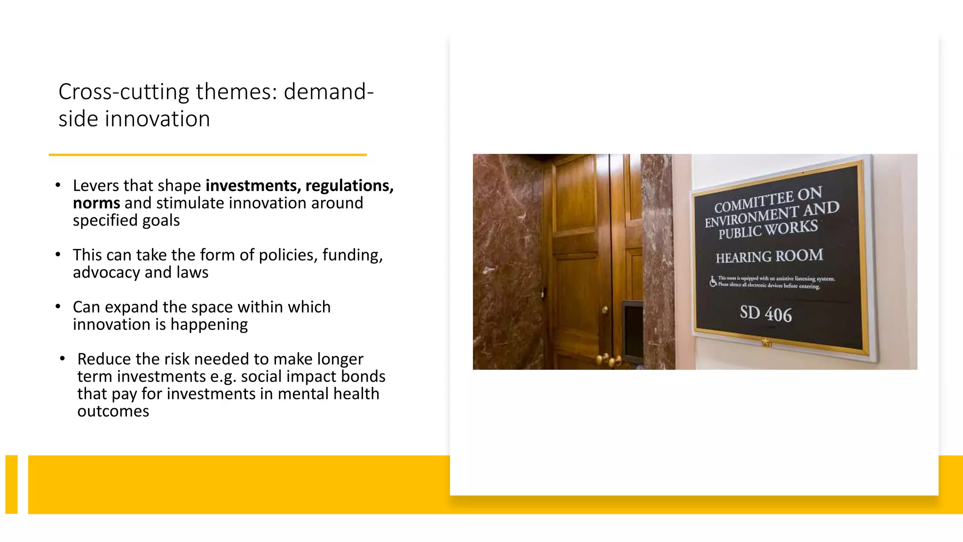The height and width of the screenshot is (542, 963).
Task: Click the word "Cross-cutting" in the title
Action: pyautogui.click(x=124, y=92)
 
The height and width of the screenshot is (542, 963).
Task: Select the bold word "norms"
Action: pyautogui.click(x=96, y=203)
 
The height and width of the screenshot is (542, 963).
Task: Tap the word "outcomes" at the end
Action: pyautogui.click(x=113, y=411)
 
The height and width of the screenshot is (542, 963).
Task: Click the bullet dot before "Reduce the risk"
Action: pyautogui.click(x=62, y=359)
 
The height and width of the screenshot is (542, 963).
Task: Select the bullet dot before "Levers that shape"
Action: pyautogui.click(x=58, y=185)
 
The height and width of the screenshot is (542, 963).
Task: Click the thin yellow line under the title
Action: pyautogui.click(x=207, y=154)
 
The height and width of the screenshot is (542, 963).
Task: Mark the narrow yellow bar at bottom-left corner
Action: pyautogui.click(x=11, y=484)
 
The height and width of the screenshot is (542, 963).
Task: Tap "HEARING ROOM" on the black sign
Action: pyautogui.click(x=769, y=256)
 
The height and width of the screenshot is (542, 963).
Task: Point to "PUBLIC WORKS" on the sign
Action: pyautogui.click(x=768, y=230)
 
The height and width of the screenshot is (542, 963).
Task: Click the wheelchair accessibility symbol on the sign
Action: pyautogui.click(x=713, y=281)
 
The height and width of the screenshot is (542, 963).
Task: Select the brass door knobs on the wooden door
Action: pyautogui.click(x=609, y=360)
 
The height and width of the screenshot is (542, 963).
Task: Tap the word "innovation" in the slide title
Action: pyautogui.click(x=158, y=119)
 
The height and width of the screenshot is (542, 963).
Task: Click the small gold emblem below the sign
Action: pyautogui.click(x=766, y=343)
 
